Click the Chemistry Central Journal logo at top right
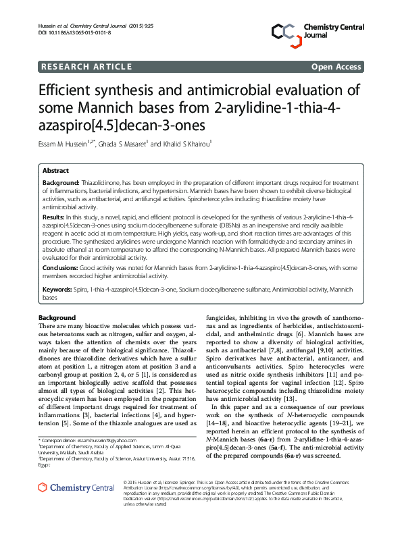[318, 31]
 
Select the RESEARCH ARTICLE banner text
[86, 67]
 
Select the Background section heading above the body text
[57, 317]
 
